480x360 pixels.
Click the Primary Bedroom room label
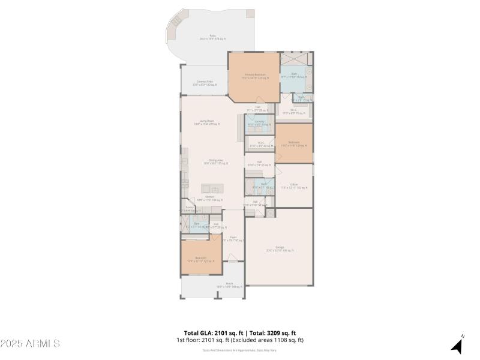coord(254,76)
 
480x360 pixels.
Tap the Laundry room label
coord(260,123)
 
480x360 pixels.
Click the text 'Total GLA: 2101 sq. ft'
coord(213,333)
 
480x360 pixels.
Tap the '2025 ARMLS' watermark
coord(30,344)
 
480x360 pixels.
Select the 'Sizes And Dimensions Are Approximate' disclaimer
coord(239,350)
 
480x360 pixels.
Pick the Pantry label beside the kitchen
coord(190,209)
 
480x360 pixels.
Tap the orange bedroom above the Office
coord(294,143)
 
